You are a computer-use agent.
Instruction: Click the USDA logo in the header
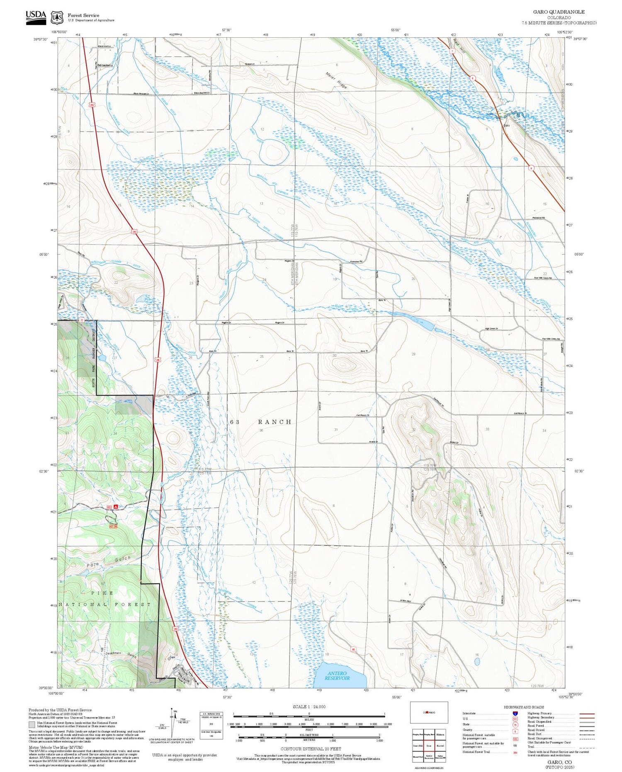click(36, 17)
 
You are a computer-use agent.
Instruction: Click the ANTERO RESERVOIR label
click(337, 676)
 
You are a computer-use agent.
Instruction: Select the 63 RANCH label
click(261, 422)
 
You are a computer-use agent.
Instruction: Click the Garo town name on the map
click(506, 125)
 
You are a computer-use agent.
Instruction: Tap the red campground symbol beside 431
click(116, 507)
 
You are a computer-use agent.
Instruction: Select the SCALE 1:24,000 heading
click(309, 706)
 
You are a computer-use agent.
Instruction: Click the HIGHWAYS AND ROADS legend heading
click(524, 707)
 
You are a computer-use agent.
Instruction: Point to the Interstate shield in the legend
click(515, 713)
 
